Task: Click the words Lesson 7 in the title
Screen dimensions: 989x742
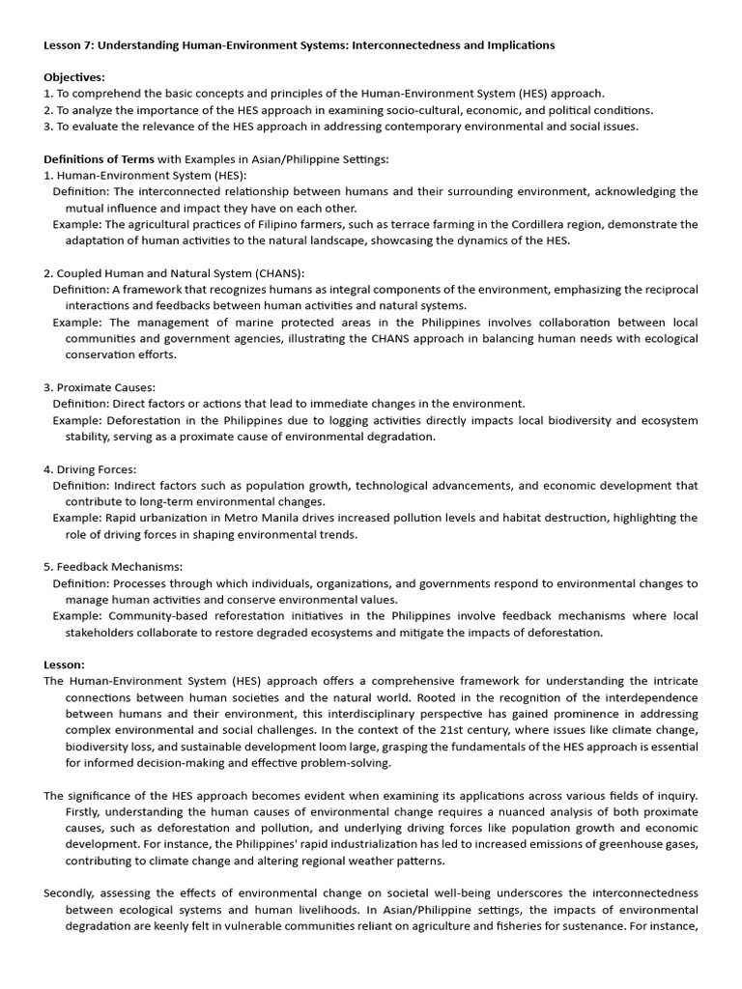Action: [x=69, y=45]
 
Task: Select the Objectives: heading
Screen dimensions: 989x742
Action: [x=74, y=77]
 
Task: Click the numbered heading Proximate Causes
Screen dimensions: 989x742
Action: [x=105, y=387]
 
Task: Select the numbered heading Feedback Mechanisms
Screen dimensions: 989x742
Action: [x=119, y=567]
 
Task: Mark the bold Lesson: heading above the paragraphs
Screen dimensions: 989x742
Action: [x=64, y=664]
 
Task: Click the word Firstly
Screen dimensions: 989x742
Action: [x=87, y=811]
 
